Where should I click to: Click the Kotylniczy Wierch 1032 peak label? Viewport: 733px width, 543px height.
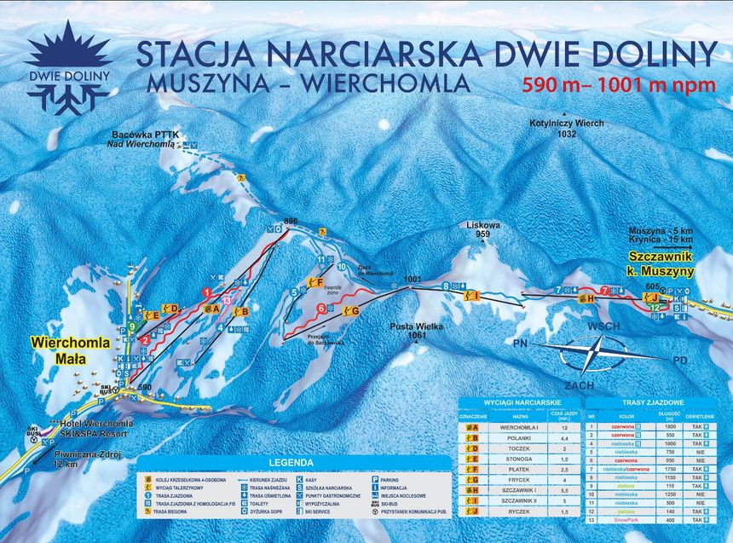pos(566,129)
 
